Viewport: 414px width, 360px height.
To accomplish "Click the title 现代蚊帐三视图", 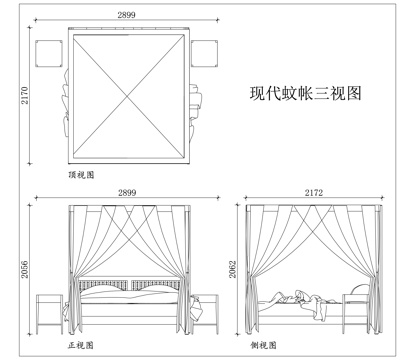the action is point(305,95).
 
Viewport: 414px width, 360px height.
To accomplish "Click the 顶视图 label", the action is point(81,174).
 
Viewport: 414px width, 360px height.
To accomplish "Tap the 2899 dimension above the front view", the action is point(127,192).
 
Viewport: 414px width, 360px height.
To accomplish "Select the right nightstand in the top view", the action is point(206,52).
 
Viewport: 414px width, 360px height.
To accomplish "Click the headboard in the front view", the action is point(127,284).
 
